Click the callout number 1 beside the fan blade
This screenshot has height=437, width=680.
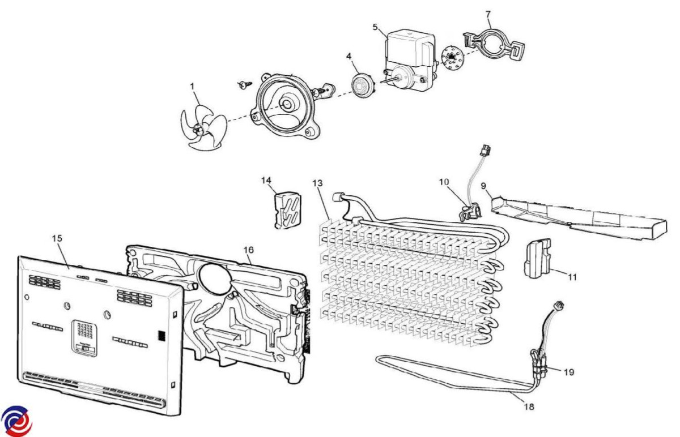coord(193,87)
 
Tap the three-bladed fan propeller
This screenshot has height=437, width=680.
coord(200,129)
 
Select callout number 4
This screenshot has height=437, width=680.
coord(349,57)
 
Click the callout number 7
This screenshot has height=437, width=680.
coord(488,14)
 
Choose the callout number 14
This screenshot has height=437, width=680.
coord(266,181)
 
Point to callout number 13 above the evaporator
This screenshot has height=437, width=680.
coord(317,183)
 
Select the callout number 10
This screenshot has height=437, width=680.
coord(444,182)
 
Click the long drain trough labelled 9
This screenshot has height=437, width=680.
coord(572,217)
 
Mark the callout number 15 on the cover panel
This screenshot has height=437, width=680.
coord(57,238)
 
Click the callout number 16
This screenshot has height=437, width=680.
coord(248,250)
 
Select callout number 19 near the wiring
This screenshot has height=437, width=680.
coord(568,372)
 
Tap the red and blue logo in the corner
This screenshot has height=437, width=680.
coord(16,421)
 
